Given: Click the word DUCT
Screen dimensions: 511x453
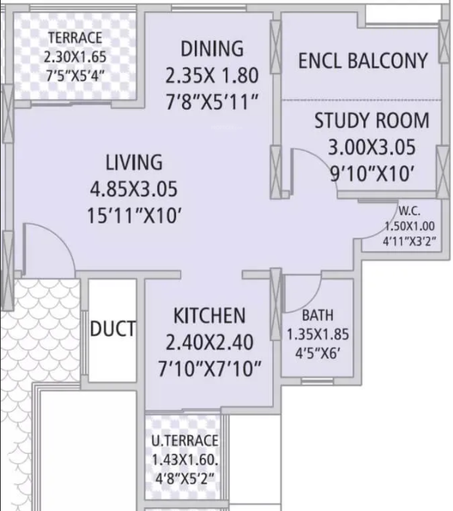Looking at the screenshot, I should coord(113,329).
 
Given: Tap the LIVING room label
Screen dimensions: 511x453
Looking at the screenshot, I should coord(133,163).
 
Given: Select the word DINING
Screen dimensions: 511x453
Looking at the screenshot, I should coord(212,50).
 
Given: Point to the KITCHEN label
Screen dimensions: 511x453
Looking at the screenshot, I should coord(209,315).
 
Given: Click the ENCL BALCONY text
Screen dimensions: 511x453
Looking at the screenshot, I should coord(363,61).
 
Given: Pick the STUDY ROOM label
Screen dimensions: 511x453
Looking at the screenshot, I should coord(372,120).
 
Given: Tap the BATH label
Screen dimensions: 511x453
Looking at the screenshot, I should coord(318,315).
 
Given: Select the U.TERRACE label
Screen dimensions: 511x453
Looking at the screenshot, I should coord(185,440).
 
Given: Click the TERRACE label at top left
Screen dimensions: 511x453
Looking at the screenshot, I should coord(75,38).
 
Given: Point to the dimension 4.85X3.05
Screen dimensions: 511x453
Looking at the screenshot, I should coord(135,189).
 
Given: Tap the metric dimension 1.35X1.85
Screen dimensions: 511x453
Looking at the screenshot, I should coord(318,334).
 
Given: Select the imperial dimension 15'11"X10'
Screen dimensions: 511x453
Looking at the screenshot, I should coord(135,216).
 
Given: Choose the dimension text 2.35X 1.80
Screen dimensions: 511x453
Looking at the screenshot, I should coord(212,75).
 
